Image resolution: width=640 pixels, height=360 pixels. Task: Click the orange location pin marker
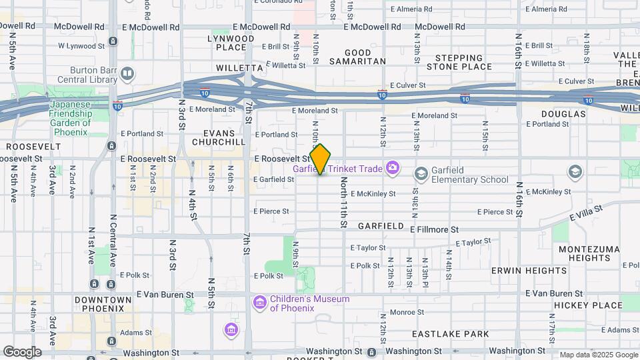tap(321, 159)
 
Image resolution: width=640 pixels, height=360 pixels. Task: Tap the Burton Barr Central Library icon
tap(127, 73)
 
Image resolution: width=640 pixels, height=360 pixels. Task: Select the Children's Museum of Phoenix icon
tap(259, 303)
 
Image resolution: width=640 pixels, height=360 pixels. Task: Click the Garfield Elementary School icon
tap(421, 174)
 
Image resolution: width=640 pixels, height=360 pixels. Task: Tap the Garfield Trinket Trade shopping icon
tap(393, 168)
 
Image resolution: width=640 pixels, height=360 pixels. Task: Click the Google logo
tap(21, 352)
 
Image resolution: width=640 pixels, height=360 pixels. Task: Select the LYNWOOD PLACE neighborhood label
tap(231, 43)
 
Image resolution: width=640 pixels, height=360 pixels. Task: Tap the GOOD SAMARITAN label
tap(365, 57)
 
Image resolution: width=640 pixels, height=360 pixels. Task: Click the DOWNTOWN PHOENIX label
tap(99, 304)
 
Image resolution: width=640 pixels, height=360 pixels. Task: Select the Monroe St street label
tap(407, 312)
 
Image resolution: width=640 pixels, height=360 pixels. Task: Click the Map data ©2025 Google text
tap(597, 355)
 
